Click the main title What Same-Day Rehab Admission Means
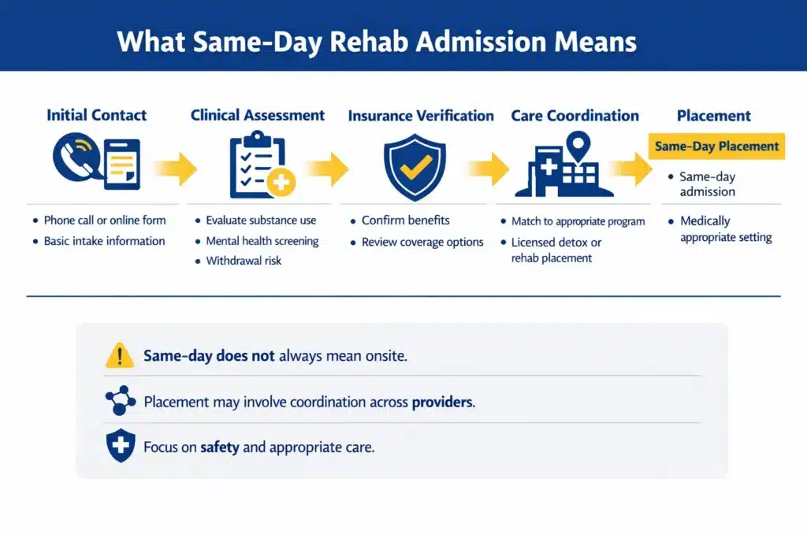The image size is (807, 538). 377,41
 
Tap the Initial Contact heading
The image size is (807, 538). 96,115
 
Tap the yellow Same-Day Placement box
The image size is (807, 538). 716,147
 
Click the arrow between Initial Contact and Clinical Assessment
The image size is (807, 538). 175,168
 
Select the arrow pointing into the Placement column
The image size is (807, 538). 630,168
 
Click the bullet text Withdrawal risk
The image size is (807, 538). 244,261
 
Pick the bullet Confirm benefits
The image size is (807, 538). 405,221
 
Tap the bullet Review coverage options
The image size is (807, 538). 422,242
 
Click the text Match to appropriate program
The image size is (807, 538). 578,221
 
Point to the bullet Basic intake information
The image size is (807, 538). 104,241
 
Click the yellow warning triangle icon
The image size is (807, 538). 120,357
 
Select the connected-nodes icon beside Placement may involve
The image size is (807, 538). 120,402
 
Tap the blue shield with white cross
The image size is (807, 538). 120,447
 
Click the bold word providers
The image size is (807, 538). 443,402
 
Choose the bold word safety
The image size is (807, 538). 220,447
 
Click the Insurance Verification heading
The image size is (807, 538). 421,116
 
